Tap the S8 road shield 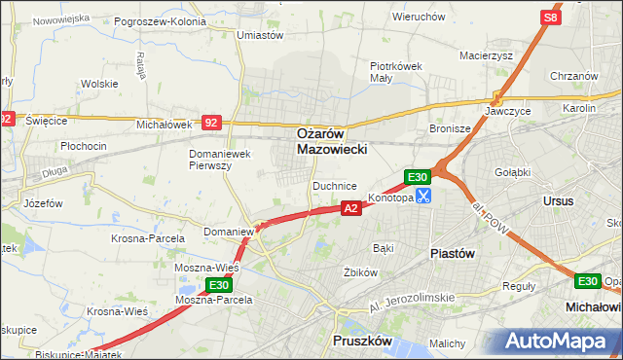(x=551, y=18)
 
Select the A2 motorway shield (x=351, y=207)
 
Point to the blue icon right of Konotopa (x=423, y=197)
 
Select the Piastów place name (x=452, y=253)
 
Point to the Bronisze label (x=450, y=128)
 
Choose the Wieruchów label (x=418, y=17)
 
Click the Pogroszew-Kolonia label (x=160, y=20)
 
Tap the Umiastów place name (x=260, y=35)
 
